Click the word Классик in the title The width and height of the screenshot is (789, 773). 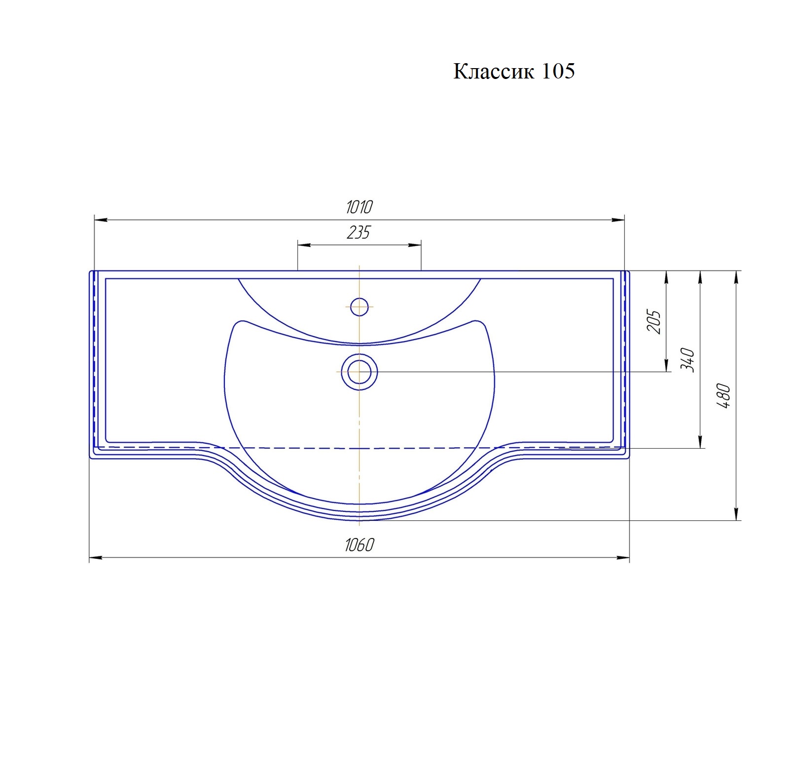tap(493, 71)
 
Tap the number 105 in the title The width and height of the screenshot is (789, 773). tap(558, 71)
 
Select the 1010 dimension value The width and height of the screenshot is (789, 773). tap(359, 207)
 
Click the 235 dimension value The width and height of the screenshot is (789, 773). tap(359, 232)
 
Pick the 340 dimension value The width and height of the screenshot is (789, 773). tap(687, 360)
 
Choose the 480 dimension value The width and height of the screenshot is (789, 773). tap(723, 395)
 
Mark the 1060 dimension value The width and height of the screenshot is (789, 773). tap(359, 545)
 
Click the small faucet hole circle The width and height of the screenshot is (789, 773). tap(359, 307)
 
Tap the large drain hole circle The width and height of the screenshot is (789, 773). tap(359, 372)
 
